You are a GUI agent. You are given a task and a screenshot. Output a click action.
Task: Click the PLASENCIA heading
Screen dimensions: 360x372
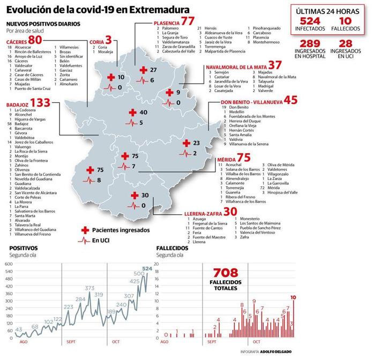click(166, 22)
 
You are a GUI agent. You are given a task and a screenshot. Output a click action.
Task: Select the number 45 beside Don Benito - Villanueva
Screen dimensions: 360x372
click(305, 100)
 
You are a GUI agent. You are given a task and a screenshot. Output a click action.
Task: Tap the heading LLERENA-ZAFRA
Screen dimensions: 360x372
click(203, 213)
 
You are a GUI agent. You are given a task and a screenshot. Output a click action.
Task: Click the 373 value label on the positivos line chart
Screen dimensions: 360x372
click(90, 288)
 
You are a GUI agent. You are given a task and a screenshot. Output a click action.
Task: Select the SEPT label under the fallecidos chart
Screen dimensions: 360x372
click(211, 341)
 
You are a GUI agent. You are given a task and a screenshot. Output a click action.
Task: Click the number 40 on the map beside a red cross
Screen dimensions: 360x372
click(143, 112)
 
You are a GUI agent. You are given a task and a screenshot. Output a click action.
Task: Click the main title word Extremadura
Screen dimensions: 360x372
click(157, 10)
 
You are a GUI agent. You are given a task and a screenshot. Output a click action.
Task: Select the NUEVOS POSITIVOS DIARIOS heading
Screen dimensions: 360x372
click(43, 25)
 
